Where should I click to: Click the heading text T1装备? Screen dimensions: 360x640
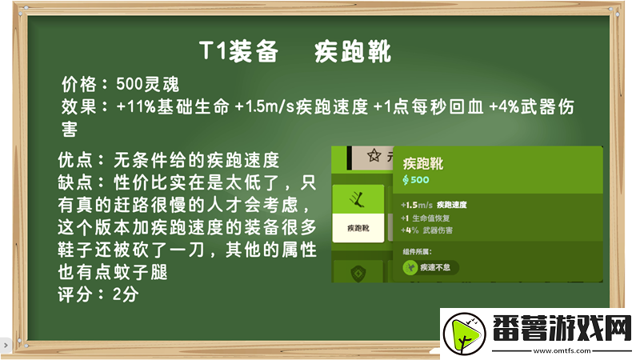pyautogui.click(x=238, y=52)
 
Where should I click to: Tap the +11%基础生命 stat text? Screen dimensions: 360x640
pyautogui.click(x=174, y=106)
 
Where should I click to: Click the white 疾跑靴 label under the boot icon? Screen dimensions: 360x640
pyautogui.click(x=358, y=229)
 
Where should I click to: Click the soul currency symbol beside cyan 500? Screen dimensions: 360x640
pyautogui.click(x=406, y=180)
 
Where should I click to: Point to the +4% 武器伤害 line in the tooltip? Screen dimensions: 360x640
pyautogui.click(x=428, y=230)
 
